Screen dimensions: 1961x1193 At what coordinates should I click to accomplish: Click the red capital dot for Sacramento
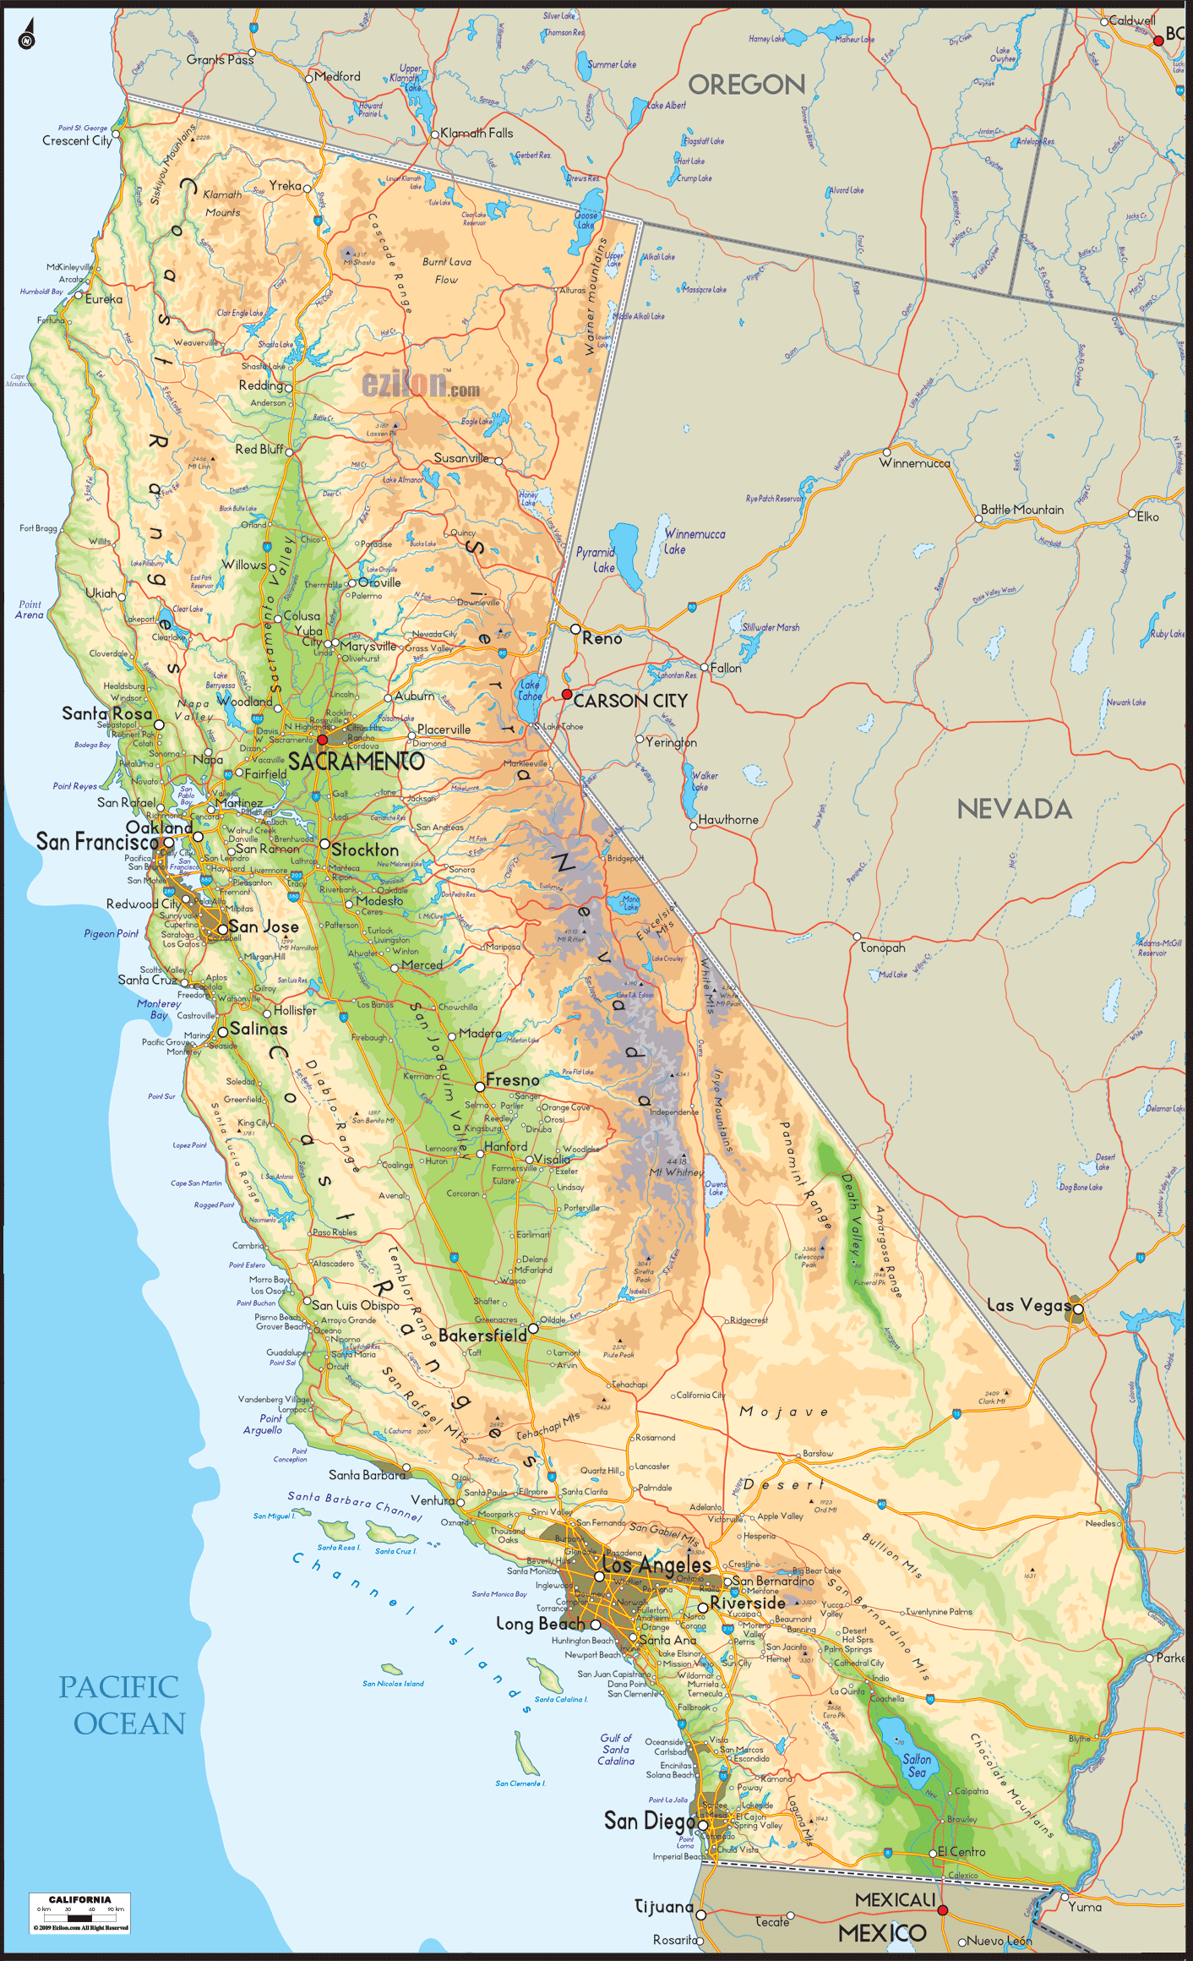[x=322, y=740]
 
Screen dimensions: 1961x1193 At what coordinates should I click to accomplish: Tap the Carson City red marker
[x=567, y=694]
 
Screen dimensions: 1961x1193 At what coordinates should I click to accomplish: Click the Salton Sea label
[x=917, y=1765]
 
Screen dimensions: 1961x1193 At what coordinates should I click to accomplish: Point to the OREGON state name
[x=746, y=85]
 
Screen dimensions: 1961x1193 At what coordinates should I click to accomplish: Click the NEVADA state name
[x=1014, y=809]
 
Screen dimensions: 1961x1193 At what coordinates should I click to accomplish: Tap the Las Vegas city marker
[x=1078, y=1309]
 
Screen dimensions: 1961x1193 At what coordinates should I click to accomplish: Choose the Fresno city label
[x=512, y=1080]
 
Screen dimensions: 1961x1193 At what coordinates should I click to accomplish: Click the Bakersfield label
[x=482, y=1336]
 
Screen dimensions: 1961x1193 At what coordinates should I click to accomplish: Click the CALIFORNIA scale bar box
[x=79, y=1913]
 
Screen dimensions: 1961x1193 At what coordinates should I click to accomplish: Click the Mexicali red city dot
[x=943, y=1910]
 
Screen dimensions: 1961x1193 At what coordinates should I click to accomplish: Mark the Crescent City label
[x=77, y=141]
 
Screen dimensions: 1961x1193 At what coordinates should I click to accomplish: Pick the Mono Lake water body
[x=629, y=902]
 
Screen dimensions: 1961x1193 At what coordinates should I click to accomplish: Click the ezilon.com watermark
[x=421, y=385]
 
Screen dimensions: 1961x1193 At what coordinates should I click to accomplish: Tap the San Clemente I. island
[x=527, y=1753]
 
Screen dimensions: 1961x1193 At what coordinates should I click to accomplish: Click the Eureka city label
[x=103, y=299]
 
